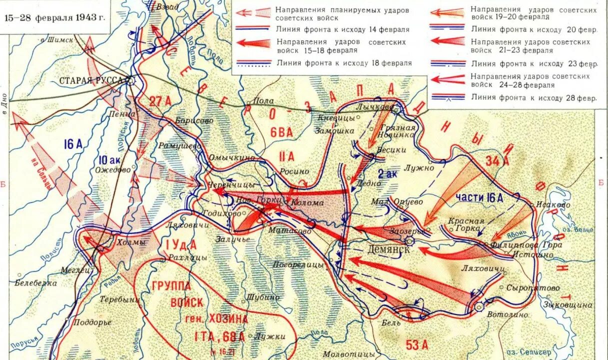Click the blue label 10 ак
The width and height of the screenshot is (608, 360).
pos(109,159)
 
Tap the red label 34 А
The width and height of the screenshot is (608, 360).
pos(497,160)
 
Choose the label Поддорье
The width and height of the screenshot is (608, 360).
pos(92,322)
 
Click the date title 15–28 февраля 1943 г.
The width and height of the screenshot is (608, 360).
pos(54,17)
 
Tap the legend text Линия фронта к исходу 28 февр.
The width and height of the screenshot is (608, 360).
pos(534,97)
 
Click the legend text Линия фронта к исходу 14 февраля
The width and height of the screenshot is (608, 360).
pos(342,29)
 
